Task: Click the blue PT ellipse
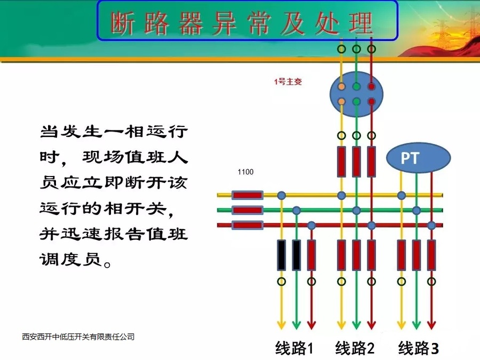419,158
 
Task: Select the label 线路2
355,349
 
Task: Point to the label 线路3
419,349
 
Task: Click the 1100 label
245,172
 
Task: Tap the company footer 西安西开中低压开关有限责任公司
78,337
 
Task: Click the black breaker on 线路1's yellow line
281,255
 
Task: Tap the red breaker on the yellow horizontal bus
247,195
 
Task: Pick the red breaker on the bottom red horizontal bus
247,225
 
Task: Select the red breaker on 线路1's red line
311,255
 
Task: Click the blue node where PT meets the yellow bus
401,195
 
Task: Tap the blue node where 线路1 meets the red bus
311,225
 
